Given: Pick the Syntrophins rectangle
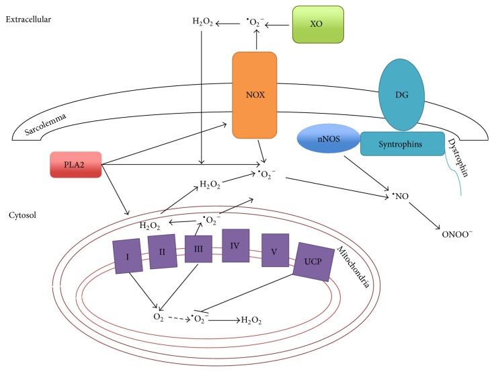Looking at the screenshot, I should point(402,143).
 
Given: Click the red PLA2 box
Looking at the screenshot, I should point(75,165).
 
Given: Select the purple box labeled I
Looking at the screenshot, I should point(127,256).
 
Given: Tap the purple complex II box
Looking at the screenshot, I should point(162,251).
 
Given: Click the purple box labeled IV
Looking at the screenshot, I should point(235,246).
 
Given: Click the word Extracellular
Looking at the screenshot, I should point(29,19).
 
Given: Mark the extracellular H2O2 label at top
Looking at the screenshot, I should point(203,22).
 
